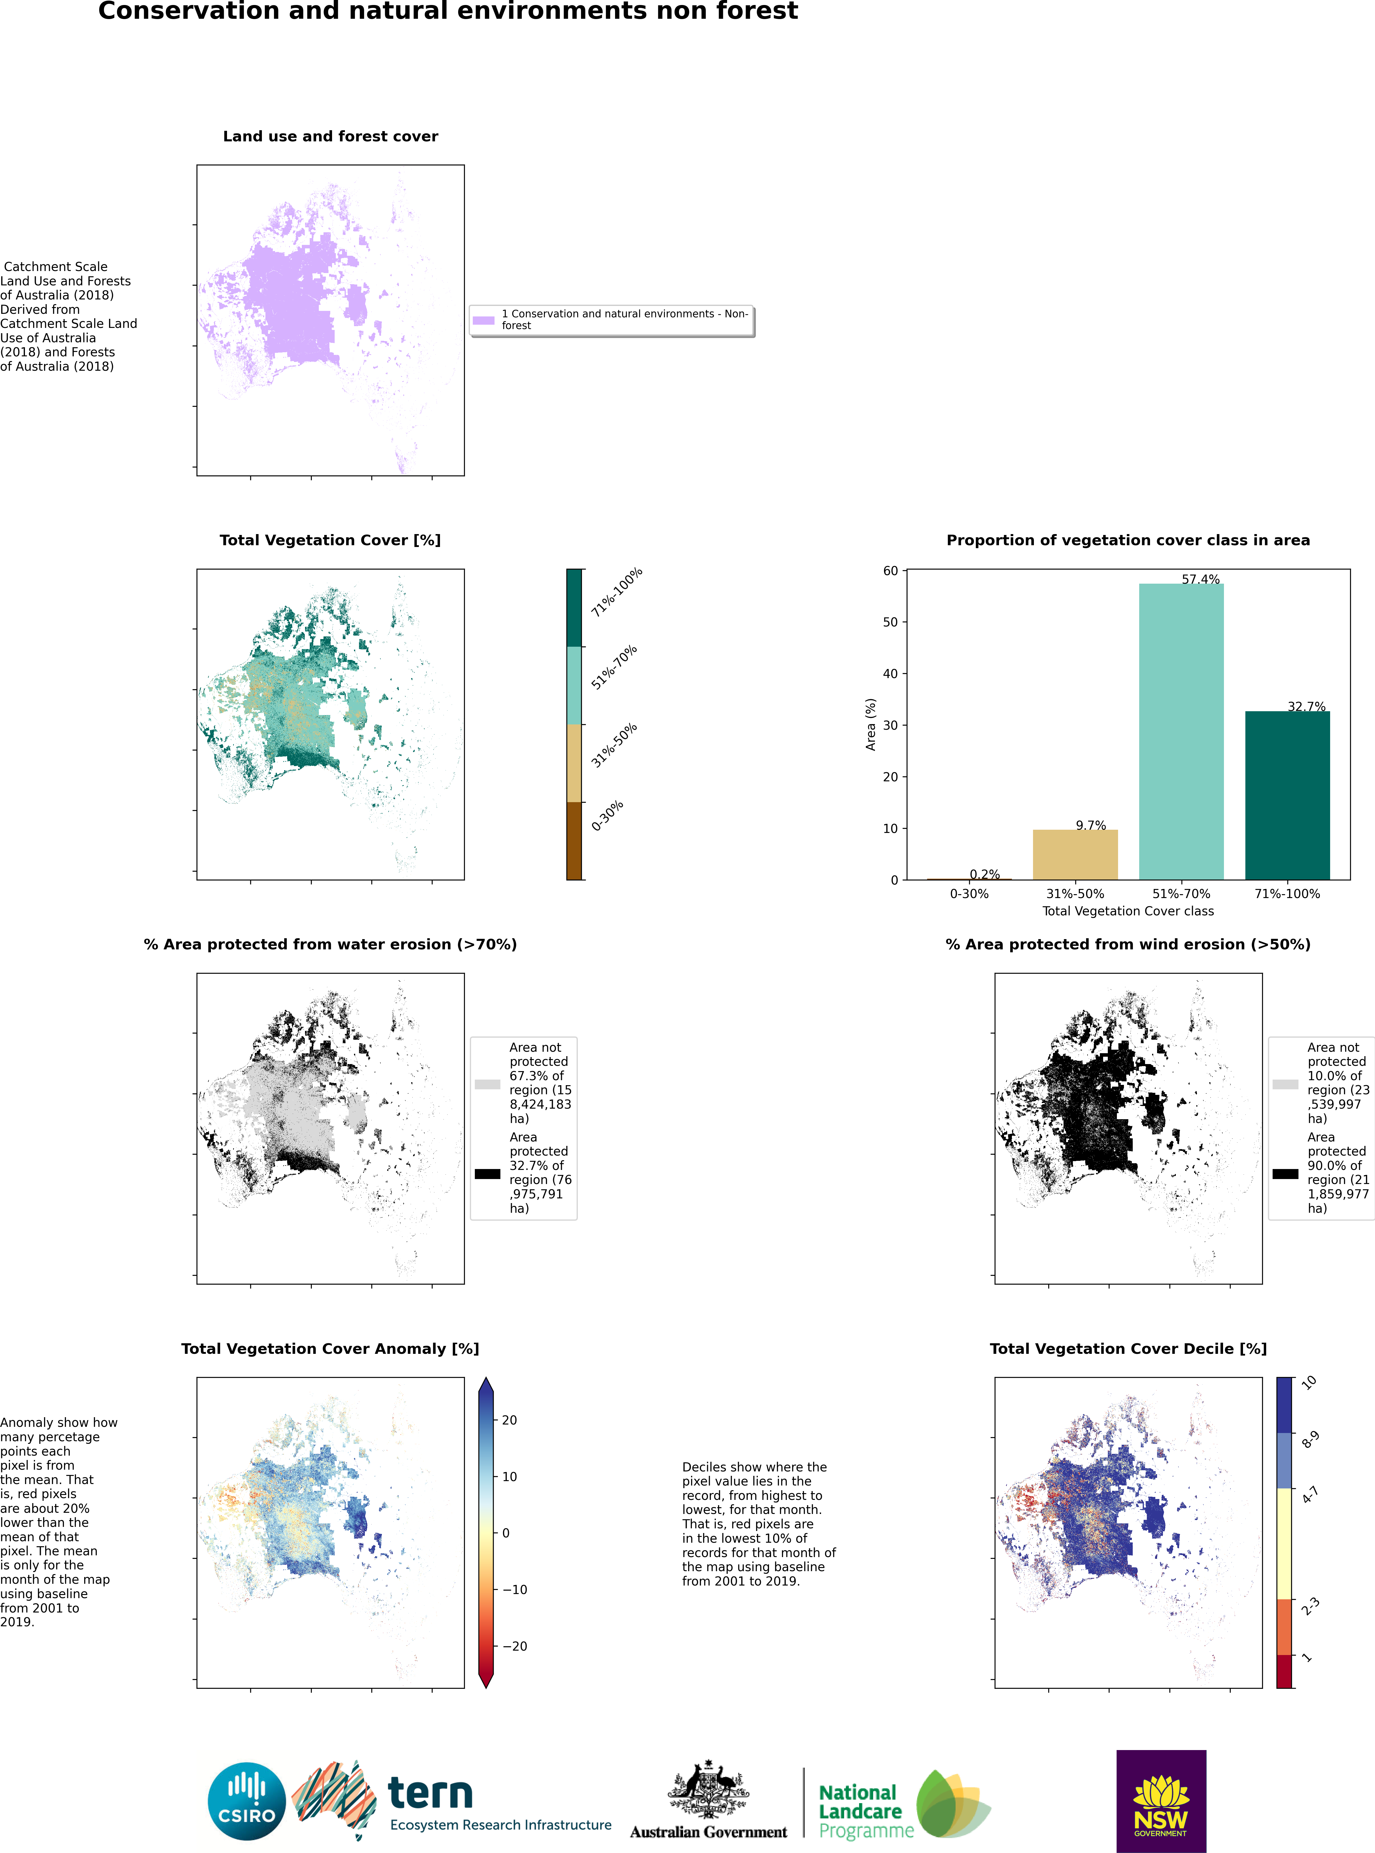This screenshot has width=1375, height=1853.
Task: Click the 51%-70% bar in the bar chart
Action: pos(1181,731)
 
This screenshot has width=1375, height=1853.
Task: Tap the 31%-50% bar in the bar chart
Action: pos(1075,855)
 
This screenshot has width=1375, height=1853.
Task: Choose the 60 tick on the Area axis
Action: pos(890,571)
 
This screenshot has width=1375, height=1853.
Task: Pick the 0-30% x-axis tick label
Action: pos(969,894)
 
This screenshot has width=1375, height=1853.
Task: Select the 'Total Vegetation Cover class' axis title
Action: pos(1128,911)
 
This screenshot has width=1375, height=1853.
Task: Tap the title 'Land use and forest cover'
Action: pos(331,136)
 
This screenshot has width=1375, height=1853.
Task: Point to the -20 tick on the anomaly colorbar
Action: pos(514,1646)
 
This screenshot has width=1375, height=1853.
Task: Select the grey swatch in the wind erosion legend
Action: pos(1285,1084)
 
